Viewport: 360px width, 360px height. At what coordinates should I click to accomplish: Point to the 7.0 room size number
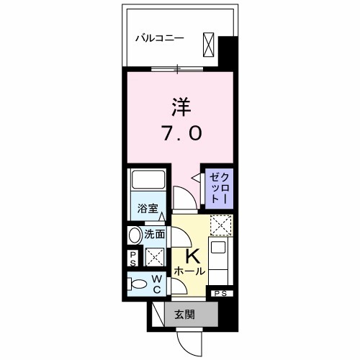coord(180,134)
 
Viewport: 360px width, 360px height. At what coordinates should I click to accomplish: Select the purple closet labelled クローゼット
coord(217,186)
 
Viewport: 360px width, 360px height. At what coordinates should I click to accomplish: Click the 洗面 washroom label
coord(154,234)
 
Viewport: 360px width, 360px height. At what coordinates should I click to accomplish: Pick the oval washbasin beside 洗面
coord(135,235)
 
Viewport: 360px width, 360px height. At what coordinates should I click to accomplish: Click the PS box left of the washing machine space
coord(134,258)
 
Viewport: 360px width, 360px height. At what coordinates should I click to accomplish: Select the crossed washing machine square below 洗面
coord(153,257)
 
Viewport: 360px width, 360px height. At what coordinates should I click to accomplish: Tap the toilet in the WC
coord(135,284)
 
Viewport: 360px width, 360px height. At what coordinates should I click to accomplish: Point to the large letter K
coord(193,256)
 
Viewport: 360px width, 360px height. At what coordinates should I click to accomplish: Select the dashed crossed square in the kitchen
coord(219,226)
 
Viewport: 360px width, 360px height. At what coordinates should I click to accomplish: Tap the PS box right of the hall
coord(220,293)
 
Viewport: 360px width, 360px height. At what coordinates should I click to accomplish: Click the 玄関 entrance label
coord(184,314)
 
